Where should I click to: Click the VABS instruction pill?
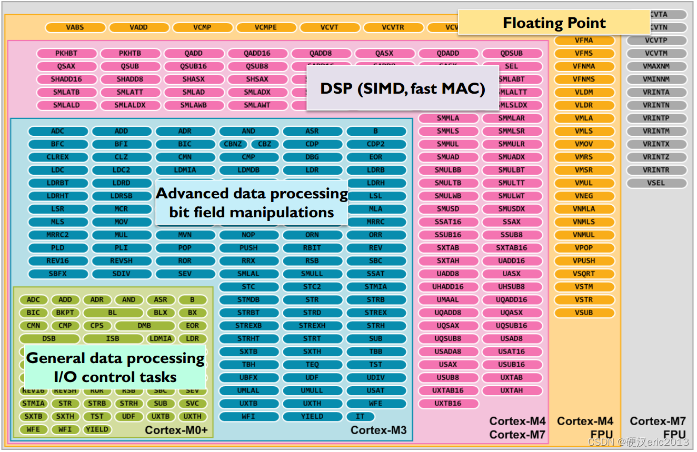[75, 27]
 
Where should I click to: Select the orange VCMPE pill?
[266, 27]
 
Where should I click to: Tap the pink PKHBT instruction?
[66, 53]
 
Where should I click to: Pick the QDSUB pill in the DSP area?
[512, 53]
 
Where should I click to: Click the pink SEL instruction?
[512, 66]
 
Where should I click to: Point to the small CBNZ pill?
[233, 144]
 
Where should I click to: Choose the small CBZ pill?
[265, 144]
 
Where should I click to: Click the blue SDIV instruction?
[121, 274]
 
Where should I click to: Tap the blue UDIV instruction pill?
[375, 377]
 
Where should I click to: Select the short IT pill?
[360, 416]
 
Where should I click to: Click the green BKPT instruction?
[65, 313]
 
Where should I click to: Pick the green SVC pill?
[192, 403]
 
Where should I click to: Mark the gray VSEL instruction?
[656, 183]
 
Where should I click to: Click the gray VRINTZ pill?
[656, 157]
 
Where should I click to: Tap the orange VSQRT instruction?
[584, 274]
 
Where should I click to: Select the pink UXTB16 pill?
[448, 403]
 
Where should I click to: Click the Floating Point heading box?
[554, 23]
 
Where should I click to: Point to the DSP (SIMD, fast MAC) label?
[403, 88]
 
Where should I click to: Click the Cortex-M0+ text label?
[176, 430]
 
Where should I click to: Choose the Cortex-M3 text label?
[379, 430]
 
